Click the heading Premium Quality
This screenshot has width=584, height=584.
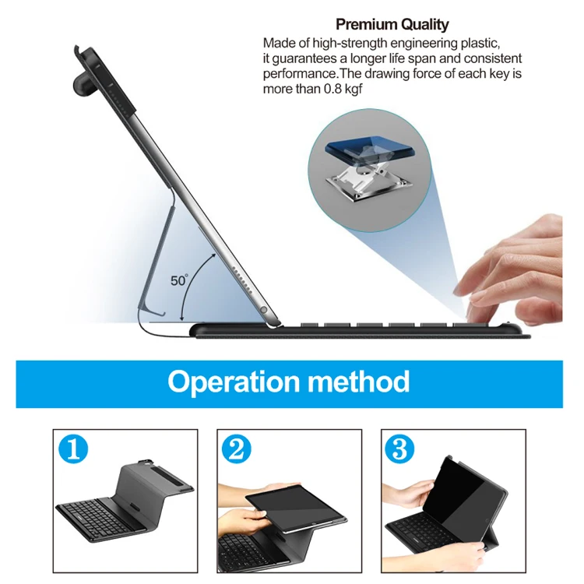392,25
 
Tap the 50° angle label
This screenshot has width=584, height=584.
179,280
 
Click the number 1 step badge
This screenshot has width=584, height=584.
73,450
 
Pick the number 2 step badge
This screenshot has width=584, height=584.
237,450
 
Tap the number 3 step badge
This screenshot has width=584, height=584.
400,450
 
